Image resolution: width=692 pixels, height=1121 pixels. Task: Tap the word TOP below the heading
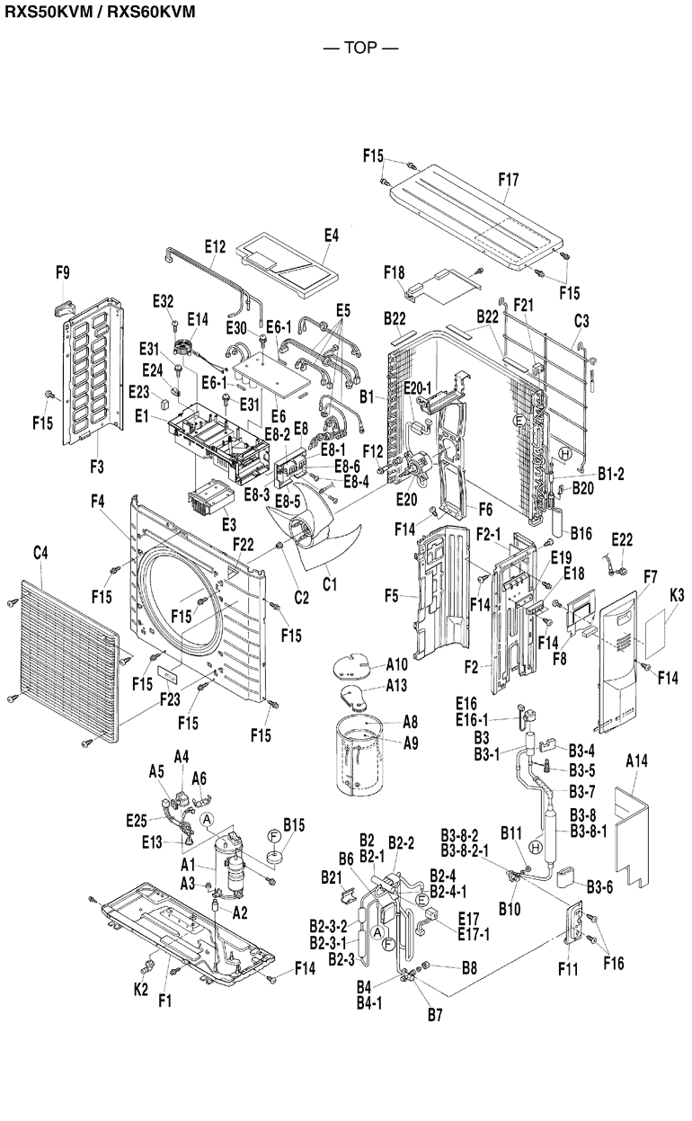click(359, 47)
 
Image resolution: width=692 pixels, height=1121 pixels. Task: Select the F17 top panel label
click(509, 179)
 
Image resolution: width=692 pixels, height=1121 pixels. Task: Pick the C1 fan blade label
click(329, 584)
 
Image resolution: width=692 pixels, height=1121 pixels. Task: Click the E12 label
click(214, 245)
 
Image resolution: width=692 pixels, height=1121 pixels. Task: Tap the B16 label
click(580, 533)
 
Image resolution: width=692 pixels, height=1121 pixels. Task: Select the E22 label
click(622, 538)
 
